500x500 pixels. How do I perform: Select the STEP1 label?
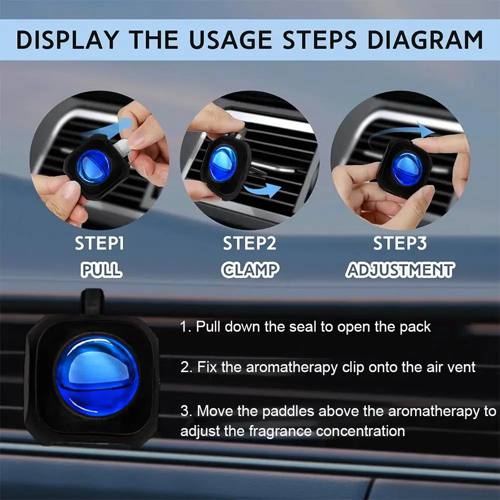(99, 244)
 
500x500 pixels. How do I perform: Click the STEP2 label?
(249, 244)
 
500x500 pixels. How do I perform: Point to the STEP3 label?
(400, 244)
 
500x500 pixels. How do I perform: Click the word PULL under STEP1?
(101, 270)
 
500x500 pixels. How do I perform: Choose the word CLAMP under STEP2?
(250, 270)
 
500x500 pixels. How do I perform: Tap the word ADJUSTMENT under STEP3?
(400, 270)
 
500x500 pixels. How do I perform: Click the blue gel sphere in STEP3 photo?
(407, 168)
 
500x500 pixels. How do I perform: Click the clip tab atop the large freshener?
(92, 301)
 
